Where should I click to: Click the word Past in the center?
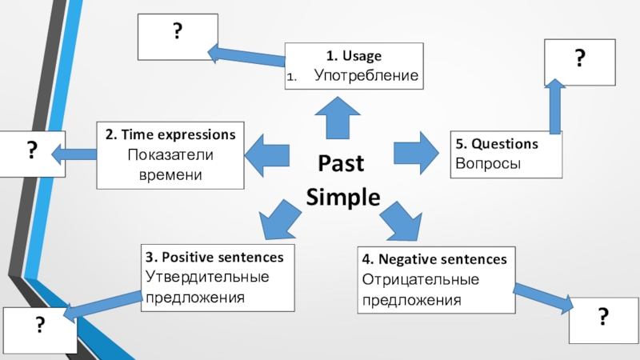pos(342,163)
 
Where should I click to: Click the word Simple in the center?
pos(343,197)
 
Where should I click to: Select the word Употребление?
pos(366,76)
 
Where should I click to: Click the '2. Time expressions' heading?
pos(170,133)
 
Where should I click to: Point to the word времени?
pos(170,174)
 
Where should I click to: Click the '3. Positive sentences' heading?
pos(214,258)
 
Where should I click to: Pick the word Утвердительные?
pos(207,278)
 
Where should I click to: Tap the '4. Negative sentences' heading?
pos(434,260)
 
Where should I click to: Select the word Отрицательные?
pos(421,280)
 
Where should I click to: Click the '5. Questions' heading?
pos(497,144)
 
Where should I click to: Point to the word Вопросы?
pos(488,163)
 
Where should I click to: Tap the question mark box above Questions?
pos(579,61)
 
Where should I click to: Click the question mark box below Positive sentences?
pos(39,329)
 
